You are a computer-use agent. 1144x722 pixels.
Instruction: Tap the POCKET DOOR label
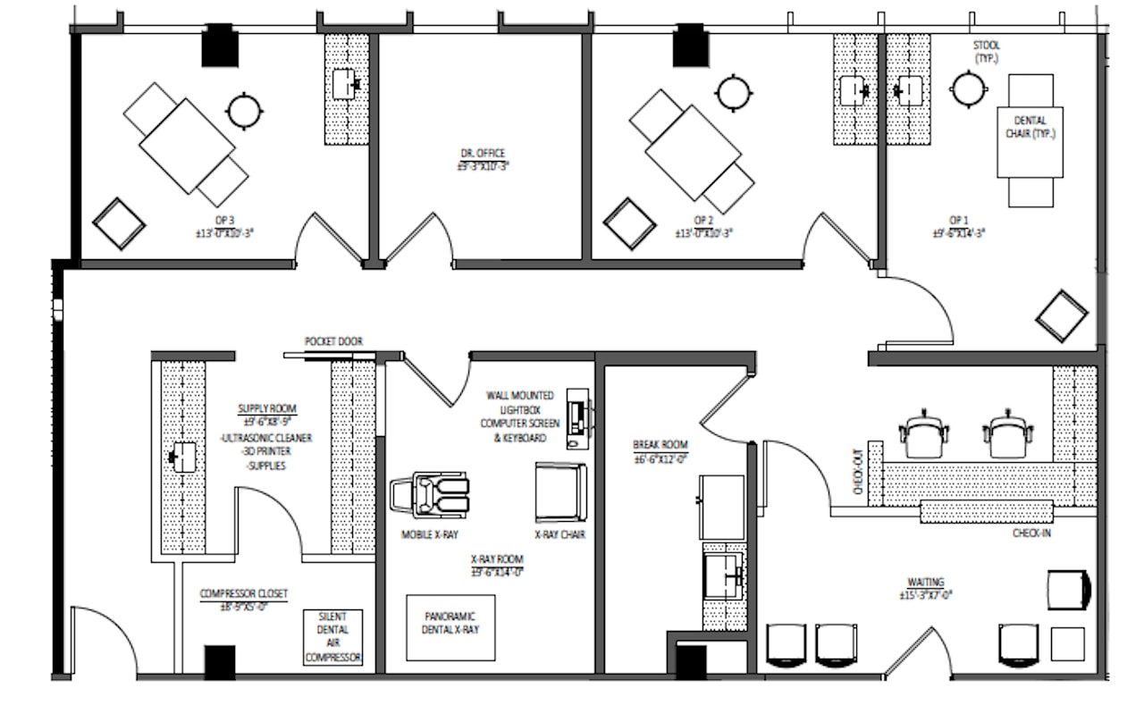coord(333,341)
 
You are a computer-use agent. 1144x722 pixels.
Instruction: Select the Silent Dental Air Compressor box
coord(333,637)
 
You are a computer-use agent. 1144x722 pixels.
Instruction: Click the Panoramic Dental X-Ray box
coord(449,623)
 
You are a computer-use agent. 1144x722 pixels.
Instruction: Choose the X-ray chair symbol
coord(560,492)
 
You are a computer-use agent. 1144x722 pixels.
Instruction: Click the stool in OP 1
coord(968,88)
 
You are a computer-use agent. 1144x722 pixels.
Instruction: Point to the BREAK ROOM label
coord(660,445)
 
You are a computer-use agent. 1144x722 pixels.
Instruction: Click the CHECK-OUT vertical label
coord(858,471)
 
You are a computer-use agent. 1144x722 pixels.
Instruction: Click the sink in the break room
coord(725,575)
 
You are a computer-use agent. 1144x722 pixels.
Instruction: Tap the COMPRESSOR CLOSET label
coord(244,593)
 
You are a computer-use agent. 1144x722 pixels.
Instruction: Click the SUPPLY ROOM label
coord(266,409)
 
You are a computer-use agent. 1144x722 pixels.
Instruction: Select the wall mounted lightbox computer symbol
coord(578,417)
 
